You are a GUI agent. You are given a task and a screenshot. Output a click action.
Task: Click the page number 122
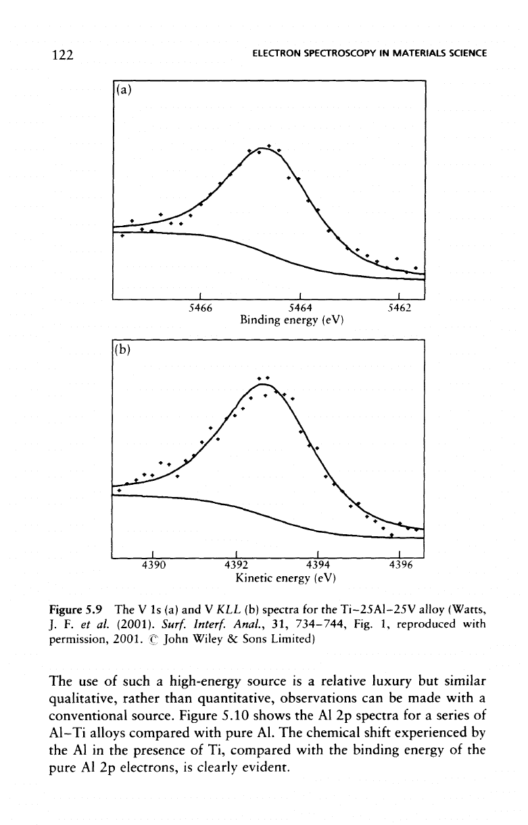pyautogui.click(x=63, y=55)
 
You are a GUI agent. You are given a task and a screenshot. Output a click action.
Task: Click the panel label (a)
pyautogui.click(x=123, y=89)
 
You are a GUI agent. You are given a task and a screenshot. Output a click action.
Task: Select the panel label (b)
pyautogui.click(x=123, y=349)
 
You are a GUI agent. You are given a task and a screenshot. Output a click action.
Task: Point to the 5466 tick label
pyautogui.click(x=201, y=308)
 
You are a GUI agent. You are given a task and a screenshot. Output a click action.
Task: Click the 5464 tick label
pyautogui.click(x=300, y=308)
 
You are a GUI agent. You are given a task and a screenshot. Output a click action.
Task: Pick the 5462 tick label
pyautogui.click(x=399, y=308)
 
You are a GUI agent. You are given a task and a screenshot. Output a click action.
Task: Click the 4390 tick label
pyautogui.click(x=154, y=565)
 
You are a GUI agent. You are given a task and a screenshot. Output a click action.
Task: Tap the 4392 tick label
pyautogui.click(x=236, y=565)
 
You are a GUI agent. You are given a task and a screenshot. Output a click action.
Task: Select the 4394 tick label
pyautogui.click(x=318, y=565)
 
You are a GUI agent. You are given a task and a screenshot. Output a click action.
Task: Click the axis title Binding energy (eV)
pyautogui.click(x=291, y=320)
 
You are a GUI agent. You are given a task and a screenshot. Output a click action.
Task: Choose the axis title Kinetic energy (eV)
pyautogui.click(x=286, y=577)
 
